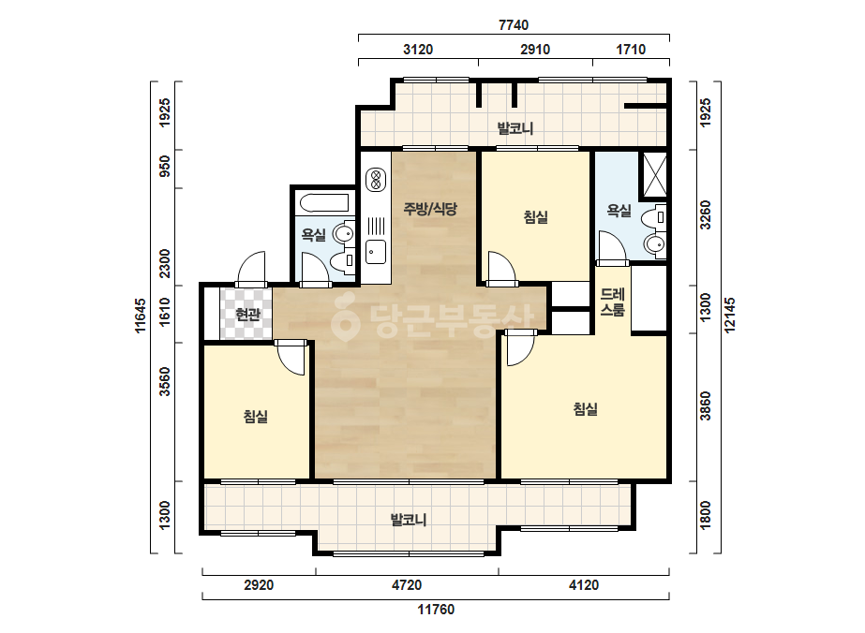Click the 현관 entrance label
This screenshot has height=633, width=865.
click(x=247, y=315)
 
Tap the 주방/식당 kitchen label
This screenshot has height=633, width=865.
click(x=430, y=209)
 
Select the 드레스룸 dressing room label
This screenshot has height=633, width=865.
click(x=612, y=302)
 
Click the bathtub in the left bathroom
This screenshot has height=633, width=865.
click(x=324, y=203)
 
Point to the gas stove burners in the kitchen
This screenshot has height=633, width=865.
click(x=376, y=180)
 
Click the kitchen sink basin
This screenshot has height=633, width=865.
click(x=376, y=252)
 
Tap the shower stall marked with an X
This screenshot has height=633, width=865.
click(x=654, y=174)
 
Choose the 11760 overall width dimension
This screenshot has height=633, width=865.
click(x=436, y=610)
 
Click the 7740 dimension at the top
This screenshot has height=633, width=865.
click(x=514, y=24)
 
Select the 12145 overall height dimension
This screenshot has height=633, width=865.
click(x=729, y=315)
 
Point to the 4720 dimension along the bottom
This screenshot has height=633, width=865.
click(x=407, y=584)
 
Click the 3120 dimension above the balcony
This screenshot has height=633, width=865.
click(x=418, y=49)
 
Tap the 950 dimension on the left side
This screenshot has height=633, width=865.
click(x=164, y=166)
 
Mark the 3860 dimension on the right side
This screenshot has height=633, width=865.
click(x=705, y=405)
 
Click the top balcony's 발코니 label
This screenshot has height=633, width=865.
click(x=515, y=128)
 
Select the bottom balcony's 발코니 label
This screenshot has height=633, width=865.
click(x=409, y=520)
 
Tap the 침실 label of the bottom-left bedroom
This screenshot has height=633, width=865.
click(x=256, y=416)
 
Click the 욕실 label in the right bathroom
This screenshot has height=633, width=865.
click(x=619, y=210)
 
